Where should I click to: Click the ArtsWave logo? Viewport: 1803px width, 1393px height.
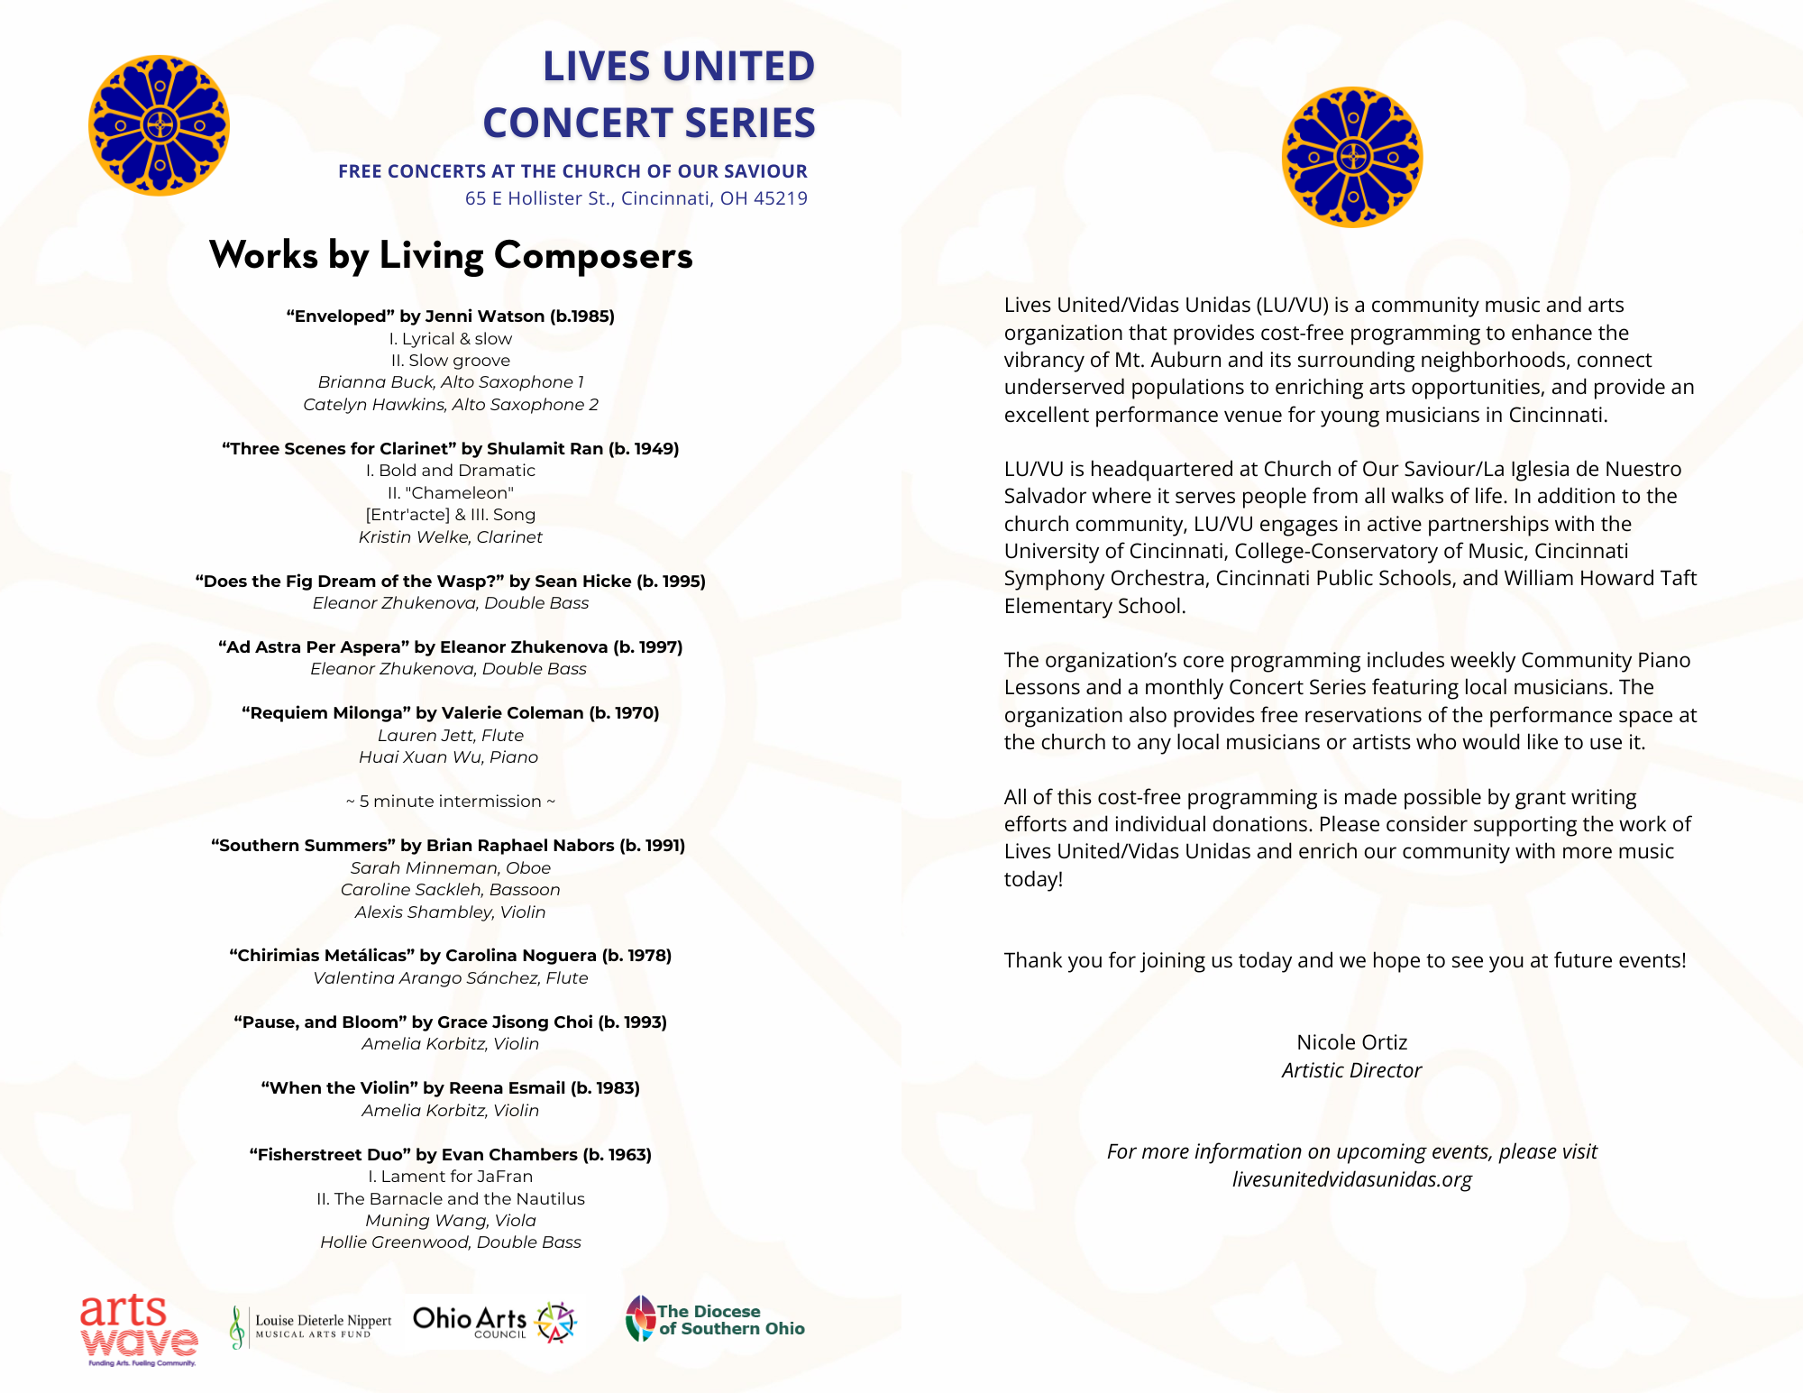click(x=138, y=1329)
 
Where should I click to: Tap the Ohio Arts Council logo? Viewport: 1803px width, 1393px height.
click(x=494, y=1322)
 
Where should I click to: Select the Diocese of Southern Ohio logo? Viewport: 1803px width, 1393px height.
click(x=715, y=1319)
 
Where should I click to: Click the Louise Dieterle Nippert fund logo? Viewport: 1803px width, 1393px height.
click(x=311, y=1326)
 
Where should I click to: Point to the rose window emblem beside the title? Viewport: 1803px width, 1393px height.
click(x=159, y=125)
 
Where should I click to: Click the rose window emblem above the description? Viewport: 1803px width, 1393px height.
click(x=1351, y=157)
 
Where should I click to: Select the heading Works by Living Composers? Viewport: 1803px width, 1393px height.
click(x=451, y=255)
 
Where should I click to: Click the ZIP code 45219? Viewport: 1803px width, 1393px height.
click(x=781, y=198)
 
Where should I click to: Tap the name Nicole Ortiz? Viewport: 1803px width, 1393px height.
click(x=1351, y=1042)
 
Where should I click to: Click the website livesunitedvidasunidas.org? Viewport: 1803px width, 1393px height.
click(x=1351, y=1179)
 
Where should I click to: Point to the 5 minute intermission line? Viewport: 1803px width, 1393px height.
click(x=451, y=802)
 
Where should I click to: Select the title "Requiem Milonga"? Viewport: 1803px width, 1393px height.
click(x=326, y=713)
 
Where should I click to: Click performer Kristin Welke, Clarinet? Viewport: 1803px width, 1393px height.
click(x=451, y=537)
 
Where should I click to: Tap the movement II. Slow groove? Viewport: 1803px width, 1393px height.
click(x=451, y=361)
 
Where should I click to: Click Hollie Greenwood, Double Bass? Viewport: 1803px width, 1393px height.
click(x=451, y=1242)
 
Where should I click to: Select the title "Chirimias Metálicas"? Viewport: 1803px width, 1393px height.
click(x=322, y=956)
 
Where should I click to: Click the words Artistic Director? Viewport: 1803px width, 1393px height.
click(x=1351, y=1070)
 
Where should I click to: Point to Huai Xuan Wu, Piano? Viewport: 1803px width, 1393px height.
click(x=449, y=757)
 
